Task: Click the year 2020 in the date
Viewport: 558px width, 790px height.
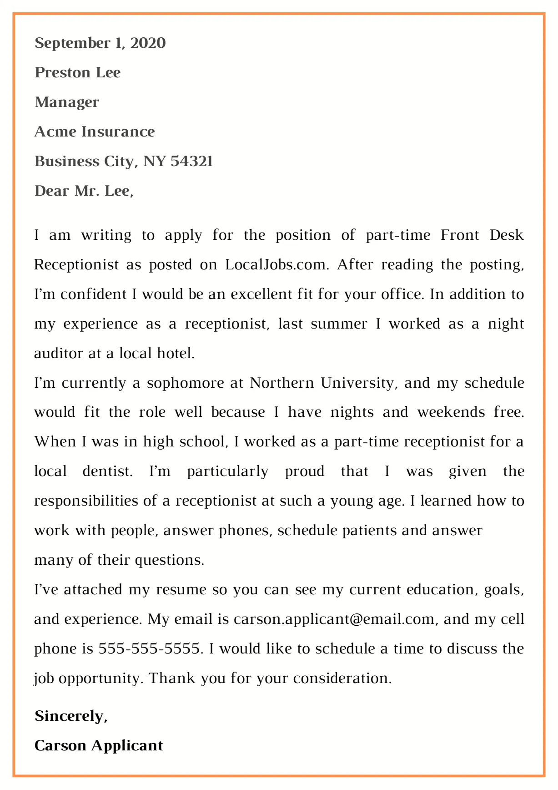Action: click(x=148, y=43)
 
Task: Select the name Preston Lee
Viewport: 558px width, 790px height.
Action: click(x=78, y=73)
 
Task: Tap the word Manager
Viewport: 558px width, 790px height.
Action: click(x=67, y=102)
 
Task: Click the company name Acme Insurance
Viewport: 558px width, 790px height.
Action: click(x=95, y=132)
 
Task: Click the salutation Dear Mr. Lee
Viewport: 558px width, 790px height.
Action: click(x=84, y=191)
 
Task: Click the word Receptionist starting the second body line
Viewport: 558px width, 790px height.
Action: click(x=76, y=265)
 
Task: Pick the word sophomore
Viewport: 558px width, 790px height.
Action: click(x=185, y=383)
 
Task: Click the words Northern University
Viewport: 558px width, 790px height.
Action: click(x=322, y=383)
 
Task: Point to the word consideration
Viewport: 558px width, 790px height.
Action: click(x=342, y=679)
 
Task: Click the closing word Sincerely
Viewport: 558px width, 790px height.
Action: click(x=70, y=716)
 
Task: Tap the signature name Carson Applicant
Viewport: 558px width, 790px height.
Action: click(x=99, y=746)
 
